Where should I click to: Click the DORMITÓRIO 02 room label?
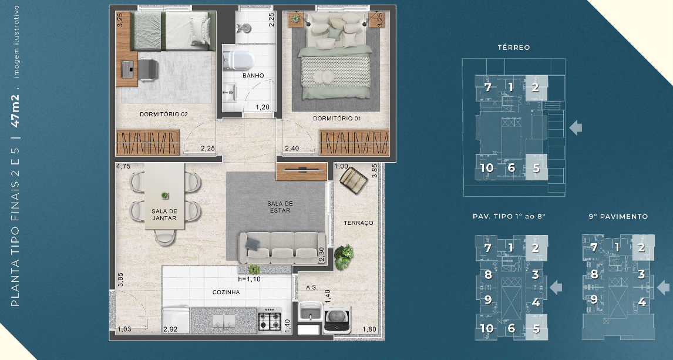point(163,114)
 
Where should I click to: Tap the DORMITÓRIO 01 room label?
point(337,119)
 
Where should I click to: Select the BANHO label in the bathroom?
point(253,75)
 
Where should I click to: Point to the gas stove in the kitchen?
point(271,320)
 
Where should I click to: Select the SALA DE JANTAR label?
point(164,214)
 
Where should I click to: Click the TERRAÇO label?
point(358,223)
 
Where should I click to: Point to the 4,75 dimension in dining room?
point(123,167)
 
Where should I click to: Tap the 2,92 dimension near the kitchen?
point(170,330)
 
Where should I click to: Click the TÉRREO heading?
point(513,48)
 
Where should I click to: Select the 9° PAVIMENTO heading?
point(618,217)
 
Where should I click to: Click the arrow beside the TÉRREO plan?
point(576,127)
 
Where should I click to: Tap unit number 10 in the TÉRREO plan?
point(486,168)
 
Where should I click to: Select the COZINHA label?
point(226,292)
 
